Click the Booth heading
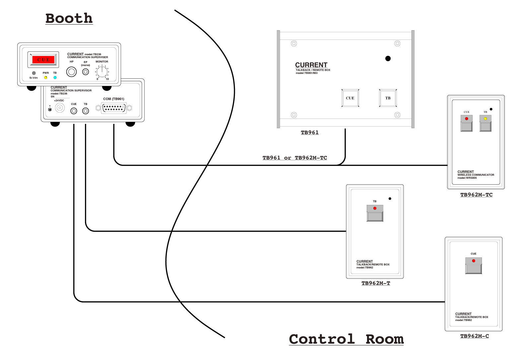[69, 18]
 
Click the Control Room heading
[346, 339]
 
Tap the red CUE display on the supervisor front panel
[43, 60]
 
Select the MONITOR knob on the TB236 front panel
[102, 71]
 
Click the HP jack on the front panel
[71, 72]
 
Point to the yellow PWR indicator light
[46, 78]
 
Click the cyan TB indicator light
[55, 78]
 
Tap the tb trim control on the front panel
[34, 73]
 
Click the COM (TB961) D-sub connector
[114, 108]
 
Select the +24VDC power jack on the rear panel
[60, 108]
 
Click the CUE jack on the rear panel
[74, 111]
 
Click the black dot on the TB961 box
[388, 58]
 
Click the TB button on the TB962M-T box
[375, 213]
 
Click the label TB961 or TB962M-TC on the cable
[295, 158]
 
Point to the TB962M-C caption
[475, 336]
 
